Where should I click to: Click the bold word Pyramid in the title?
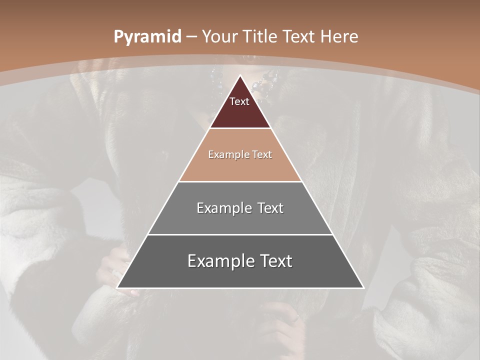(147, 36)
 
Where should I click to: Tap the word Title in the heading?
(261, 36)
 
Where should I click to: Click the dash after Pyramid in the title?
(191, 37)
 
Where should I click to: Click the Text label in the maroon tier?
(239, 101)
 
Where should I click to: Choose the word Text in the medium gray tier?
(270, 208)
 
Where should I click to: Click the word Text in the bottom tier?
(273, 261)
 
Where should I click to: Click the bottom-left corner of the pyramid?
(117, 288)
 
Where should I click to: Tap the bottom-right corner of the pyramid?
(363, 288)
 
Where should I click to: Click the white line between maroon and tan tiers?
(240, 128)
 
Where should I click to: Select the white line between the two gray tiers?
(240, 234)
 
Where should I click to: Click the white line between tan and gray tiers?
(240, 181)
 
